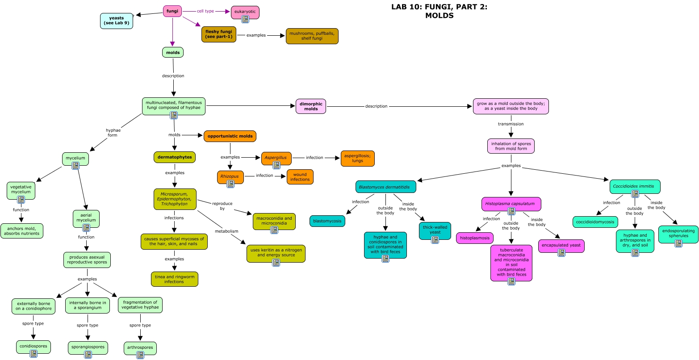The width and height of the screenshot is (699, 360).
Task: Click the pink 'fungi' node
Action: coord(172,11)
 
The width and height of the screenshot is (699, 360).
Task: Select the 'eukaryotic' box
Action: coord(245,13)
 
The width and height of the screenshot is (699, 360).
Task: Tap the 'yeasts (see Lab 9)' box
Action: coord(117,21)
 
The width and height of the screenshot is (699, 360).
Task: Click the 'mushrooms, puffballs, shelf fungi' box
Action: coord(312,36)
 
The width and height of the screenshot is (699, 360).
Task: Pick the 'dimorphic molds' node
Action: coord(311,106)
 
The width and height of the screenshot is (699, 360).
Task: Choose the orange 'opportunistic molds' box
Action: coord(230,136)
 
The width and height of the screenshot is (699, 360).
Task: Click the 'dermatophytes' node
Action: coord(175,157)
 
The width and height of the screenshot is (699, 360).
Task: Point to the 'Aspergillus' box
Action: coord(276,159)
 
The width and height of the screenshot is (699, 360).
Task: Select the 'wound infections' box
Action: coord(300,177)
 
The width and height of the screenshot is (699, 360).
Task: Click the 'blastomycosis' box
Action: coord(327,221)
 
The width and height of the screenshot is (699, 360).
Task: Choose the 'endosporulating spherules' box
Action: coord(678,234)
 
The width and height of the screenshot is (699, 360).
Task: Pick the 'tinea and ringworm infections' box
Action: coord(175,279)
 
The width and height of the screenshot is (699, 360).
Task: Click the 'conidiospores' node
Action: coord(33,347)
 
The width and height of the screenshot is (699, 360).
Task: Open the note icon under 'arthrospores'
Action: coord(140,355)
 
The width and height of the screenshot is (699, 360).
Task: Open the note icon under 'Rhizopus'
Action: coord(230,184)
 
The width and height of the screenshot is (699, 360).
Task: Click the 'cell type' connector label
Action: coord(205,11)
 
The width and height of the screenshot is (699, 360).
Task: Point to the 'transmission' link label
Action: coord(511,124)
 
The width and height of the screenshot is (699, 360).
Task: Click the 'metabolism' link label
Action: coord(226,231)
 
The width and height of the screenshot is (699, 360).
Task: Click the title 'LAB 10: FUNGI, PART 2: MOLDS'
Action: coord(439,11)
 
